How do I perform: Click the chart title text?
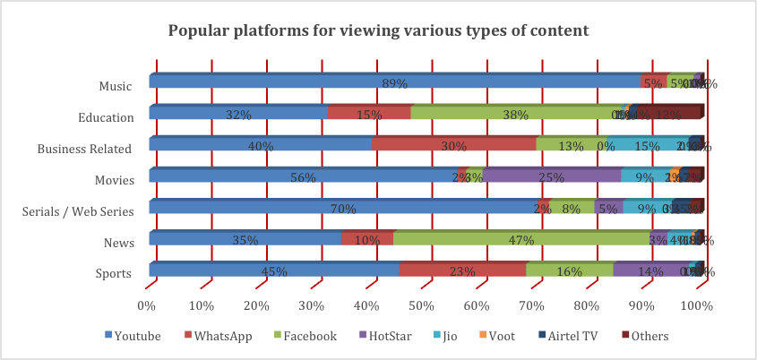(378, 30)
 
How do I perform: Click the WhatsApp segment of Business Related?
(453, 144)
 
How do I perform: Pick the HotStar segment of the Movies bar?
(552, 176)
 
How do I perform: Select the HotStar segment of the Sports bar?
(652, 270)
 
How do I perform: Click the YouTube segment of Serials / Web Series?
(349, 207)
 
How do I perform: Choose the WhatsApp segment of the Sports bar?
(462, 270)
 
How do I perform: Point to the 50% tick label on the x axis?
(423, 305)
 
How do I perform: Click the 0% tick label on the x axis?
(147, 305)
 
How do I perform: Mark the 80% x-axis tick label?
(588, 305)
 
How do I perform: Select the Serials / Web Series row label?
(79, 211)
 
